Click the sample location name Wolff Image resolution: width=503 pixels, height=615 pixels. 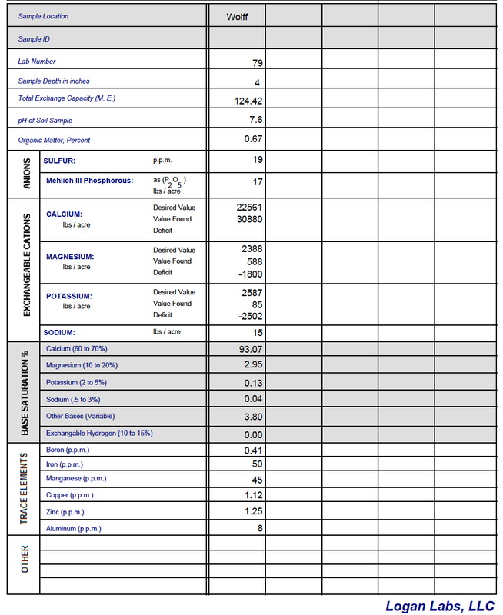coord(237,16)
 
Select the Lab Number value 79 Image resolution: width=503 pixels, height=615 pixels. coord(258,63)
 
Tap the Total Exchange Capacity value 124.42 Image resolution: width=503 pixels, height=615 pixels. coord(248,101)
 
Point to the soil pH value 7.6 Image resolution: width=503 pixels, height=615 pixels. coord(256,120)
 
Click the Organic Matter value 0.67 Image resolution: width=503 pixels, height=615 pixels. coord(253,139)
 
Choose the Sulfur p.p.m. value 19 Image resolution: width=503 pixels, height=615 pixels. coord(258,160)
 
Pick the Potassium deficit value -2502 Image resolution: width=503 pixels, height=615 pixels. coord(251,315)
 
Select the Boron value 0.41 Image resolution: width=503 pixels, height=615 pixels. coord(253,450)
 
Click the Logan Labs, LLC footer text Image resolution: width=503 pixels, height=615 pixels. coord(440,606)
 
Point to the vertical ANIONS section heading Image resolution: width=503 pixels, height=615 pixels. coord(25,174)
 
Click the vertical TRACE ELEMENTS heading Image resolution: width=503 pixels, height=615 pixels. coord(24,488)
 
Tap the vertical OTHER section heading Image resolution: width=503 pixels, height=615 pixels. coord(25,559)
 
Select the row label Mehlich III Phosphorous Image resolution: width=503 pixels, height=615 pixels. coord(89,181)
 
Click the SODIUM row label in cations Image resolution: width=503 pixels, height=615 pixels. coord(60,333)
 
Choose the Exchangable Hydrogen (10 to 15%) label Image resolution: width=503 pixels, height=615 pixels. coord(99,433)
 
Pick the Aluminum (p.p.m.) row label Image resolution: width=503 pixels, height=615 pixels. coord(73,528)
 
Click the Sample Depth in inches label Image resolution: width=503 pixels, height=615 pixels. coord(54,81)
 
